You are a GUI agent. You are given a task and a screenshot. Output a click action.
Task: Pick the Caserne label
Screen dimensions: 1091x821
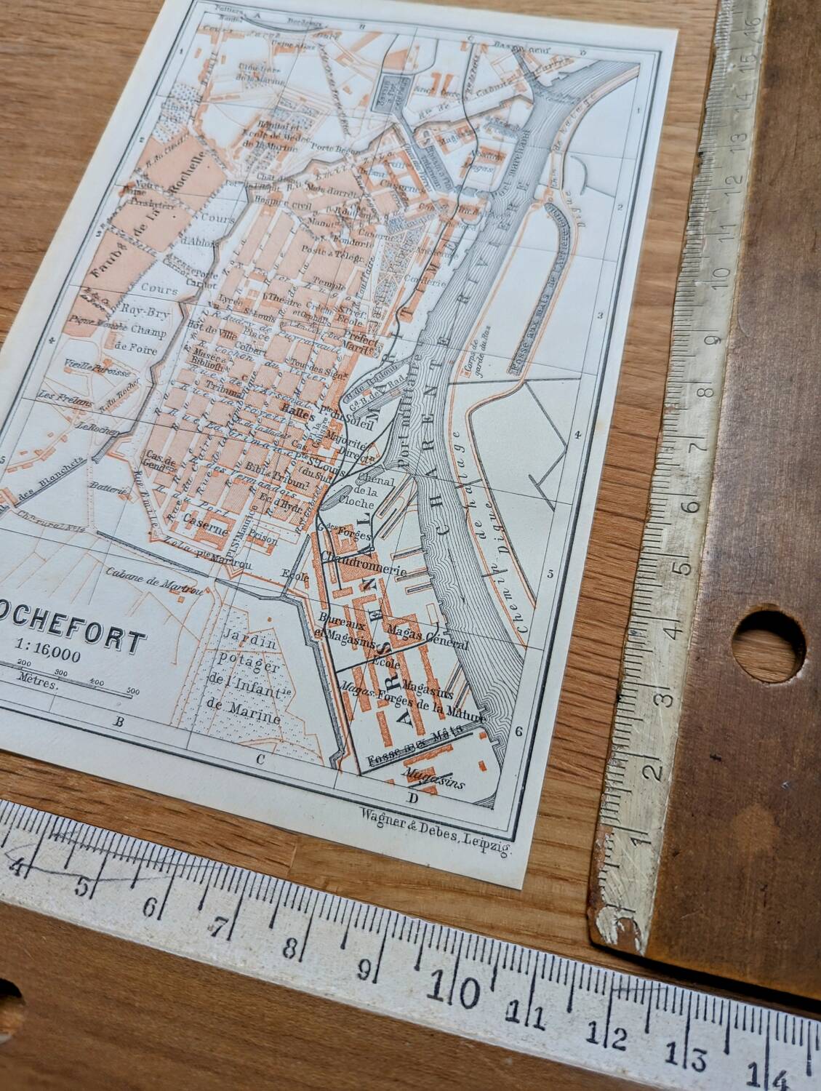[x=201, y=520]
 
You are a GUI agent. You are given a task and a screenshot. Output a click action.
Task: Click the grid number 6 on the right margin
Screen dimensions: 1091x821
[x=518, y=732]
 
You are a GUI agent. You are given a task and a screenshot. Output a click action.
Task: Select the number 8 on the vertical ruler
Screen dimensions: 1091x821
[x=704, y=395]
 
